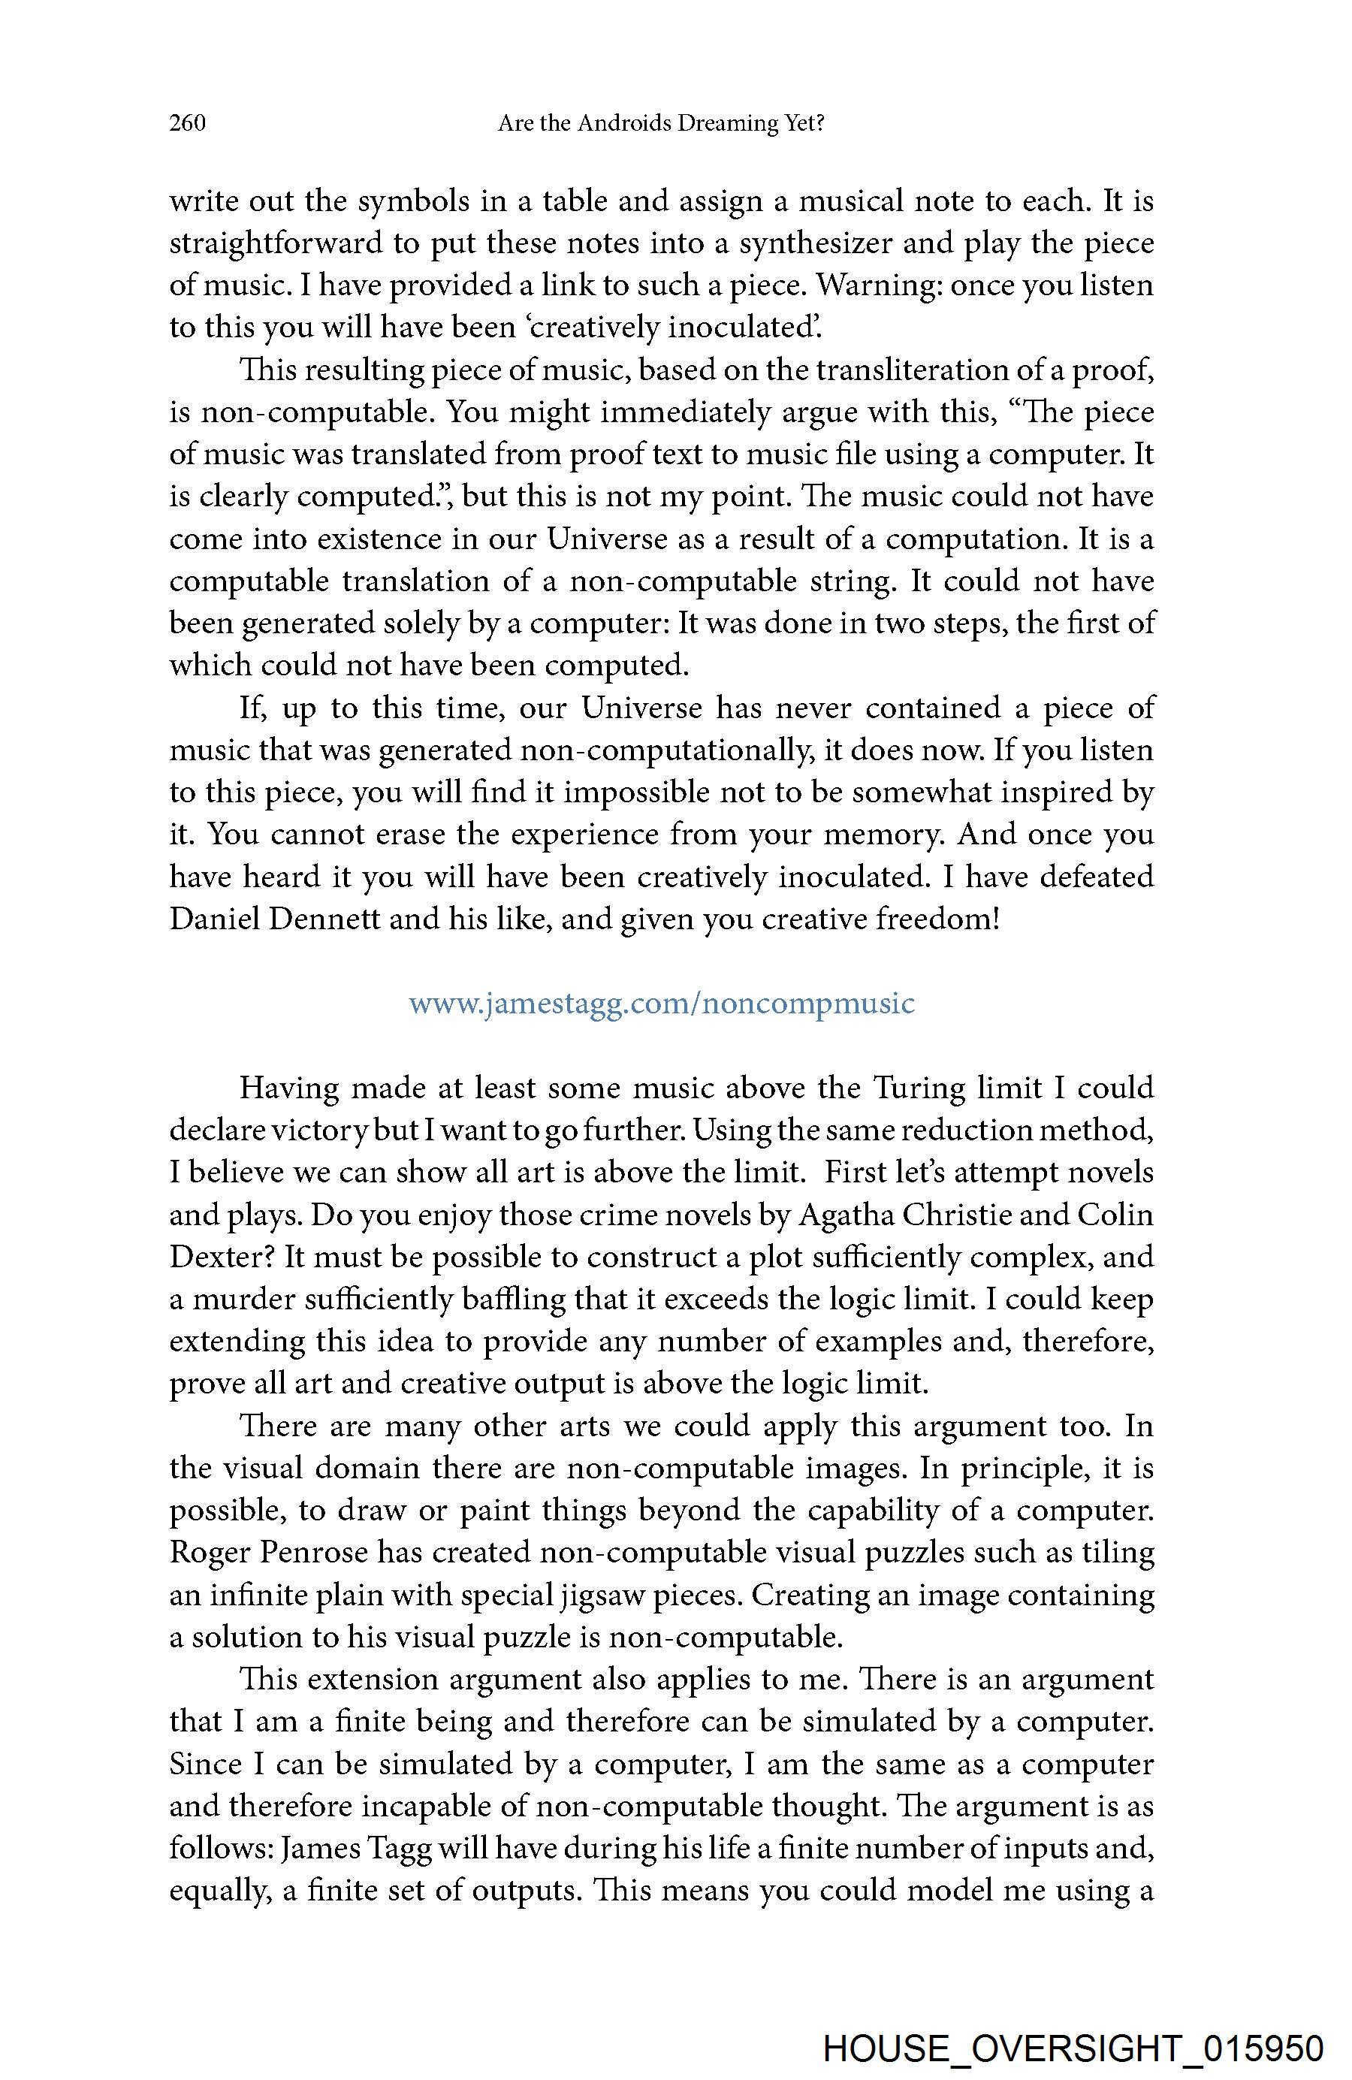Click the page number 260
tap(187, 123)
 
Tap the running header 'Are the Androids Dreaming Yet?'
tap(661, 123)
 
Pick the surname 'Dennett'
tap(325, 919)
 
